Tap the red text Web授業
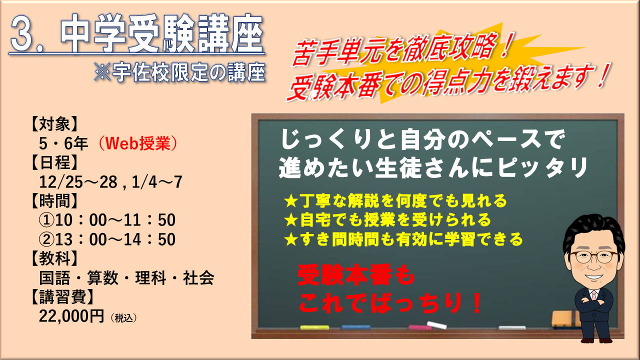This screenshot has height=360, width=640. tap(138, 143)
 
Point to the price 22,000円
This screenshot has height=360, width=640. tap(71, 316)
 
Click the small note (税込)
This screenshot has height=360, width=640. tap(123, 318)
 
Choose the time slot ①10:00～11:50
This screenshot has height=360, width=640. tap(107, 220)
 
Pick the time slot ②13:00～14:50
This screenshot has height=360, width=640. tap(107, 239)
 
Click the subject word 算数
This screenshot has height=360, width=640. tap(102, 277)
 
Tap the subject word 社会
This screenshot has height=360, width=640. tap(198, 277)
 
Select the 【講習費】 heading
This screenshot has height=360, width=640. tap(62, 297)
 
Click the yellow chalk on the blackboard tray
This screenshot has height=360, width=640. tap(314, 327)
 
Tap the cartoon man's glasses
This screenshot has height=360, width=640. tap(593, 257)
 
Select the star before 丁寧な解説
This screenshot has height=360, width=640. tap(291, 201)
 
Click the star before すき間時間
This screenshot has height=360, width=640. tap(291, 239)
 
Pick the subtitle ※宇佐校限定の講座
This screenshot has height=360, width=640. tap(180, 72)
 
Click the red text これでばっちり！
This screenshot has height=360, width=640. tap(390, 303)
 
